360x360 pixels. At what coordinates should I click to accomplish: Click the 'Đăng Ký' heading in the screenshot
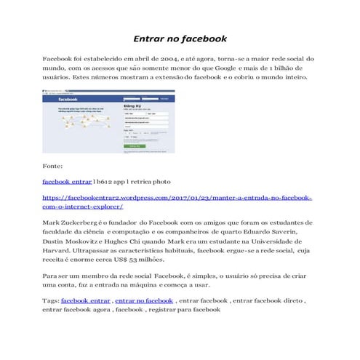click(x=132, y=106)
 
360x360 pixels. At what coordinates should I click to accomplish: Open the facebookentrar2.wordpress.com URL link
click(x=178, y=197)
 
